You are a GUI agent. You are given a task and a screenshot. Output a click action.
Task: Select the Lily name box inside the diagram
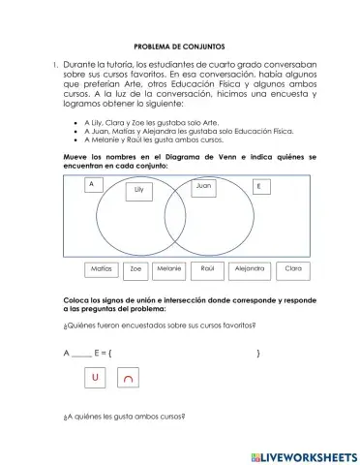click(x=138, y=191)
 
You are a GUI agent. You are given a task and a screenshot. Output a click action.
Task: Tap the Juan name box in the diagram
click(x=203, y=184)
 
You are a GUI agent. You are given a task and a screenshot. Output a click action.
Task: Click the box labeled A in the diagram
click(x=91, y=183)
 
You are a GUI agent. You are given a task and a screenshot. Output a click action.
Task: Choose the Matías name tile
click(x=101, y=270)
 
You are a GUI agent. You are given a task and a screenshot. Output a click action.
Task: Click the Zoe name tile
click(x=136, y=270)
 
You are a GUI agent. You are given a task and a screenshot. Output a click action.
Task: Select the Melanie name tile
click(x=169, y=270)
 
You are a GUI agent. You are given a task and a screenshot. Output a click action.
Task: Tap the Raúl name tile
click(x=207, y=270)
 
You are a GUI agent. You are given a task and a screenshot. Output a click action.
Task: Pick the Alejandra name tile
click(x=249, y=270)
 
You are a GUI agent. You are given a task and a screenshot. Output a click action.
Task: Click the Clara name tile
click(x=292, y=270)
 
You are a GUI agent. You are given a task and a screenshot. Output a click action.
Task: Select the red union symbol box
click(x=95, y=378)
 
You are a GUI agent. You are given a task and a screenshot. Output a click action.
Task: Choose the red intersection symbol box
click(x=129, y=379)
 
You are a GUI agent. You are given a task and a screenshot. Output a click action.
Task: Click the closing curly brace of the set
click(x=258, y=354)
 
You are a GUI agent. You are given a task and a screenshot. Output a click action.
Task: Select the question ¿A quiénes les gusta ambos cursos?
click(x=123, y=418)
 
